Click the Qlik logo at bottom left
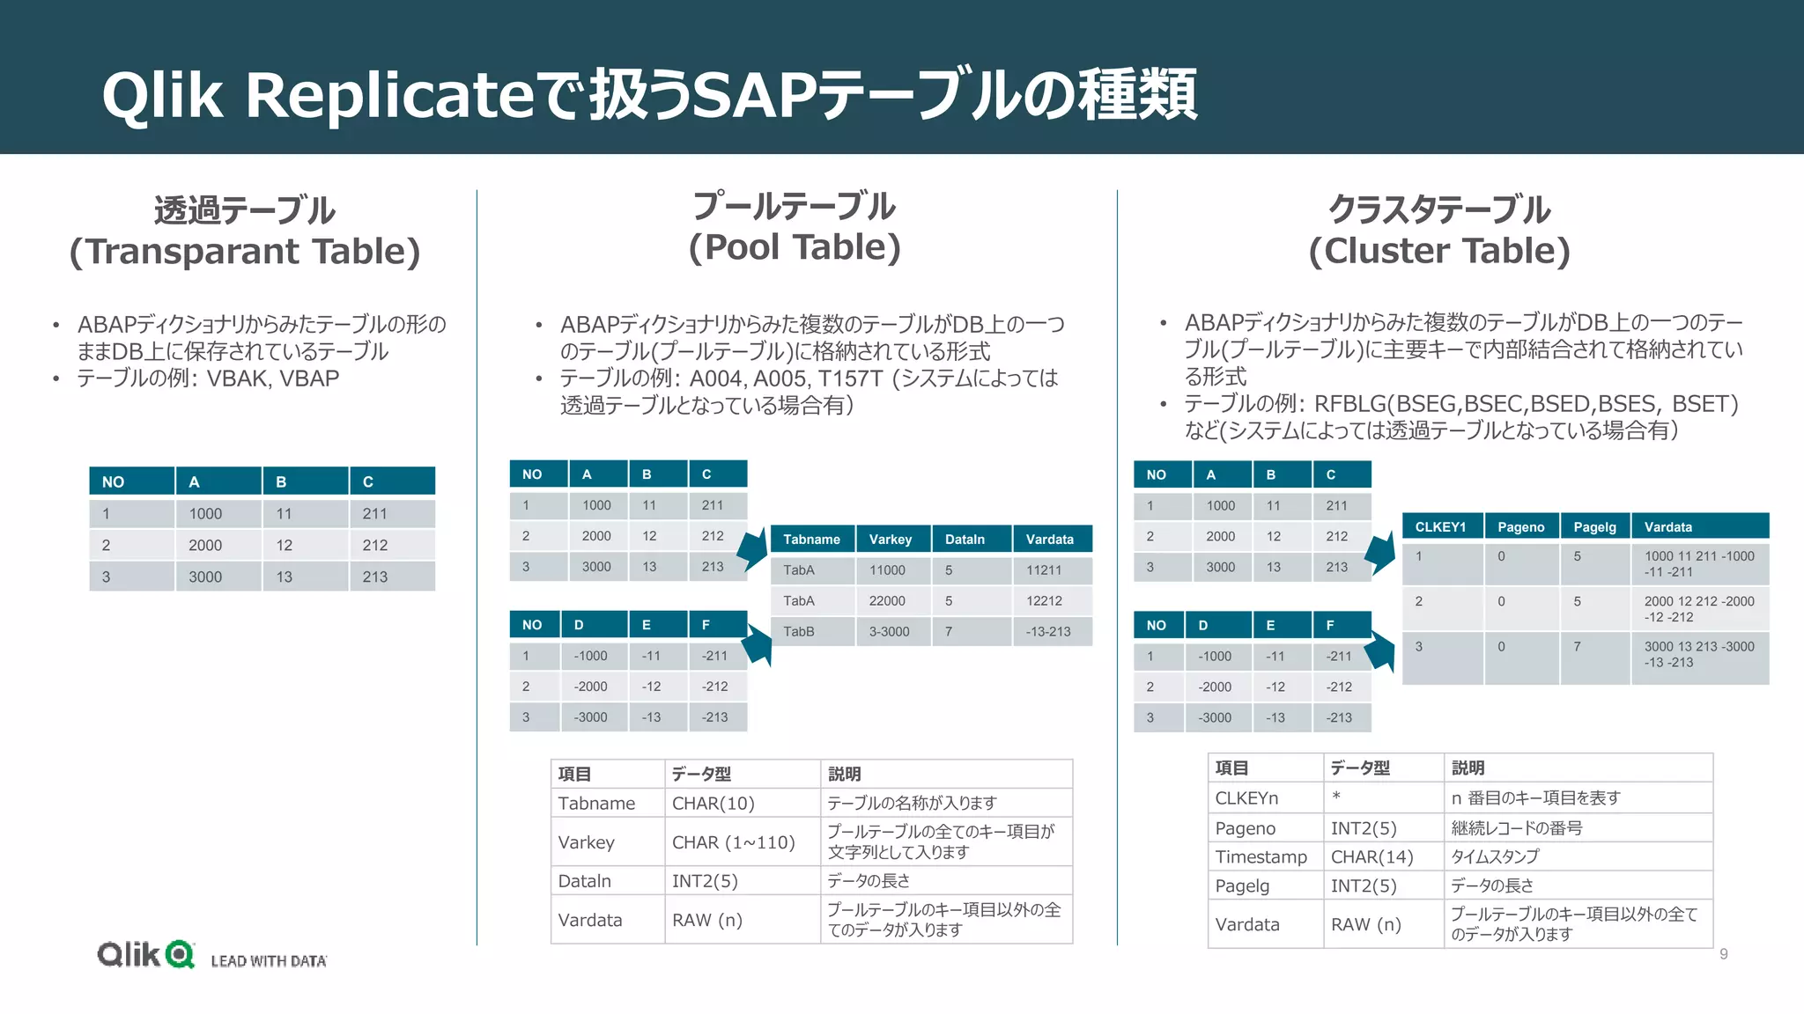[145, 954]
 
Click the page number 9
[1724, 954]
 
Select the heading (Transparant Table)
[245, 252]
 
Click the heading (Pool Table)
[795, 247]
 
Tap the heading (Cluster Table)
[1439, 251]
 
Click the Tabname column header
[811, 540]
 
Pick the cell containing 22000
[887, 601]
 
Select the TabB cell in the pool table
[799, 632]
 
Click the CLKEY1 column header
[1440, 527]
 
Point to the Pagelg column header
[1594, 527]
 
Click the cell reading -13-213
[1048, 632]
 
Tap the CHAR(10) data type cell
[713, 804]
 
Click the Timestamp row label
[1261, 857]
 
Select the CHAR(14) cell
[1371, 857]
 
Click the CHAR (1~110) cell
[733, 842]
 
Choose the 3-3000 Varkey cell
[889, 632]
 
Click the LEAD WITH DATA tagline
[269, 961]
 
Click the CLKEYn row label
[1246, 798]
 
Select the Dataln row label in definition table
[584, 881]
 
